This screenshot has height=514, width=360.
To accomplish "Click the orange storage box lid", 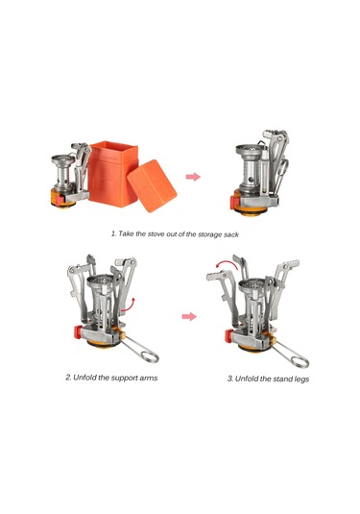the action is pos(152,185).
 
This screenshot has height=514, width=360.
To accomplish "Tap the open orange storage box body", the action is pos(111,174).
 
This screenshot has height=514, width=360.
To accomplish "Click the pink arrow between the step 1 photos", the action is pos(193,177).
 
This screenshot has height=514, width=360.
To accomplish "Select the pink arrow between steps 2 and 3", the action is pos(189,316).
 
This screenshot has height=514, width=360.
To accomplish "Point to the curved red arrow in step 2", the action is pos(129,305).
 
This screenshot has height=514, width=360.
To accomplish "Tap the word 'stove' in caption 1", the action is pos(156,234).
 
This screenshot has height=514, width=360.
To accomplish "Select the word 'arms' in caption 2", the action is pos(149,378).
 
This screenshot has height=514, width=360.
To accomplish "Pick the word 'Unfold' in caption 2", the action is pos(84,378).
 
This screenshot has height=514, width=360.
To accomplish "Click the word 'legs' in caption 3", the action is pos(301,379).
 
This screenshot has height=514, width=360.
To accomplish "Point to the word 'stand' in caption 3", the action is pos(282,379).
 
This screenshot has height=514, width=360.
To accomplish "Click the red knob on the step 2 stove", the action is pos(78,332).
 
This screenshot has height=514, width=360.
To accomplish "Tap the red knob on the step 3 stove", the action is pos(229,336).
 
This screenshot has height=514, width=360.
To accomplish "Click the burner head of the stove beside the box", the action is pos(63,159).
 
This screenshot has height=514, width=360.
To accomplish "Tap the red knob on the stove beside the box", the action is pos(60,200).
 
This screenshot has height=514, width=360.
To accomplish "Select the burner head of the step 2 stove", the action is pos(101,282).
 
